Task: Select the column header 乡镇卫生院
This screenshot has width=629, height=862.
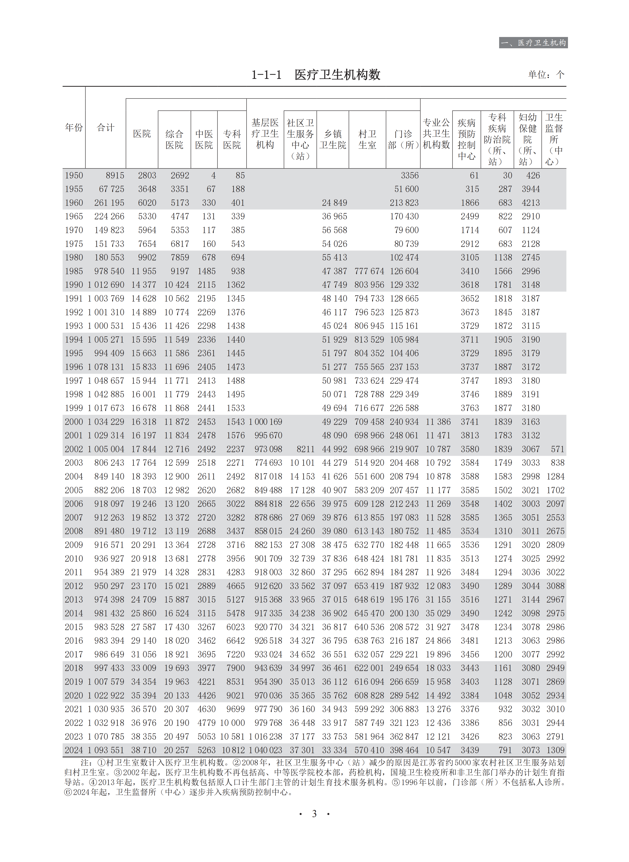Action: click(333, 139)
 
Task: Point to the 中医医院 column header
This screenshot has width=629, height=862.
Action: click(204, 139)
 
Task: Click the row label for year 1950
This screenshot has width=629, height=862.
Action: click(74, 175)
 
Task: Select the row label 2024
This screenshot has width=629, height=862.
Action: click(74, 750)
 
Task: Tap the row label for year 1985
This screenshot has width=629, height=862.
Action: click(74, 271)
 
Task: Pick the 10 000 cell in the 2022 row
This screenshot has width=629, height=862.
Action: click(232, 723)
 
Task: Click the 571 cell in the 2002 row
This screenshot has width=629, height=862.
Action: click(557, 449)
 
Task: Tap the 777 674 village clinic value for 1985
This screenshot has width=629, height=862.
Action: click(369, 271)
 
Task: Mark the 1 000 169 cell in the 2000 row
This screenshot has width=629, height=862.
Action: click(265, 422)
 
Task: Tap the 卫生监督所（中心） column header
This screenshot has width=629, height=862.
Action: click(554, 139)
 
